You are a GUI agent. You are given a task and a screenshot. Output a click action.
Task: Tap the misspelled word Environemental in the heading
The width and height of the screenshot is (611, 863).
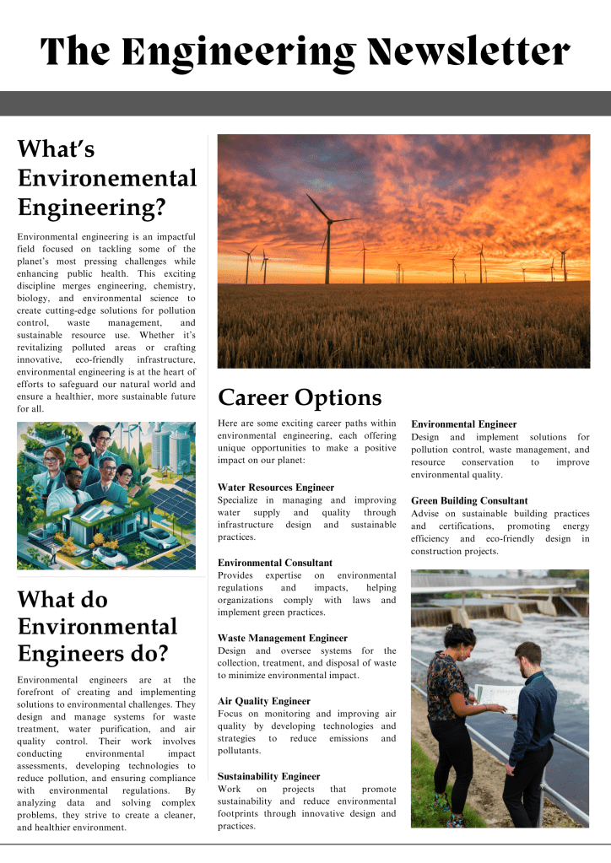click(107, 178)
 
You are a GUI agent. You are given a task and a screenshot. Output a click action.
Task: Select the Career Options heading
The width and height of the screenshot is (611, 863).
click(300, 397)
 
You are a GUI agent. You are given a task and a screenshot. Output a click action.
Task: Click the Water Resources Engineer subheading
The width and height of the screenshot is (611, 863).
click(276, 488)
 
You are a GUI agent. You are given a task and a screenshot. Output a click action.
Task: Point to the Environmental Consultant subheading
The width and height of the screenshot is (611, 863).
click(275, 563)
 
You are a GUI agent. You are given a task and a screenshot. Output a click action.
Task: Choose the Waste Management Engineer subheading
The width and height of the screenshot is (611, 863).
click(282, 639)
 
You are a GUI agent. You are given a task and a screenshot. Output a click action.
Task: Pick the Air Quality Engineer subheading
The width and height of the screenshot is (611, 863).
click(264, 701)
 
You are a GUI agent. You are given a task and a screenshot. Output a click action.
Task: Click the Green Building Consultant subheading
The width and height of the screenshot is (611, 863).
click(469, 501)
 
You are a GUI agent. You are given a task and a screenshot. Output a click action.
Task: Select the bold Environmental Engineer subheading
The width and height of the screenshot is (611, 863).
click(464, 424)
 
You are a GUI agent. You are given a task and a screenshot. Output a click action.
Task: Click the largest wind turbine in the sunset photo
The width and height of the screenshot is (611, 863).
click(327, 232)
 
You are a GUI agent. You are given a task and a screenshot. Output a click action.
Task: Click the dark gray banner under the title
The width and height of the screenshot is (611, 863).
click(305, 104)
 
